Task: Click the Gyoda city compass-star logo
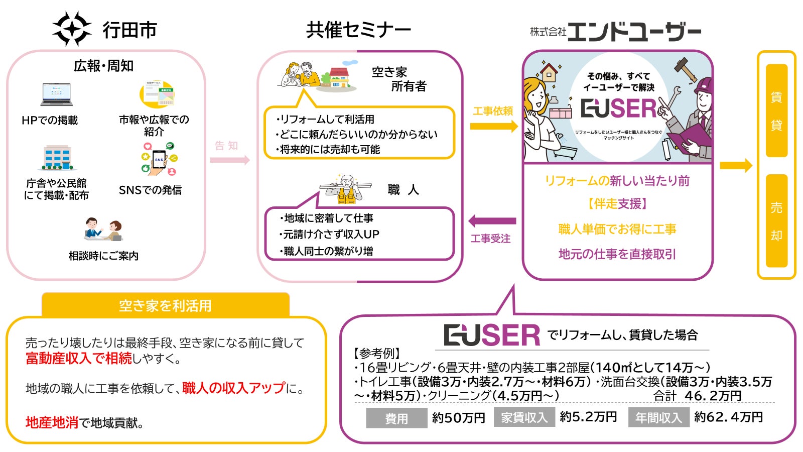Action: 72,29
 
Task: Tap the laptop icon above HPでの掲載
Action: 56,94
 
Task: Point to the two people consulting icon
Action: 103,230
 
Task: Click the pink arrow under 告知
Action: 229,160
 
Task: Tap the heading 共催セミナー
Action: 358,30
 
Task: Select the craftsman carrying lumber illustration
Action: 346,189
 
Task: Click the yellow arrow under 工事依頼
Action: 493,126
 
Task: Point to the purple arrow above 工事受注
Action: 492,221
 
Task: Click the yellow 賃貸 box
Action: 776,110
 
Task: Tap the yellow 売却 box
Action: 776,221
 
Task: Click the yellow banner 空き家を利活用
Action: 165,305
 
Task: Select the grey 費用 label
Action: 396,418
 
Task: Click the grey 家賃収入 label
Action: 524,417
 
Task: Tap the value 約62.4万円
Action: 728,417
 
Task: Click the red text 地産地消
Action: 52,423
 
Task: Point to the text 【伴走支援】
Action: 617,203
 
